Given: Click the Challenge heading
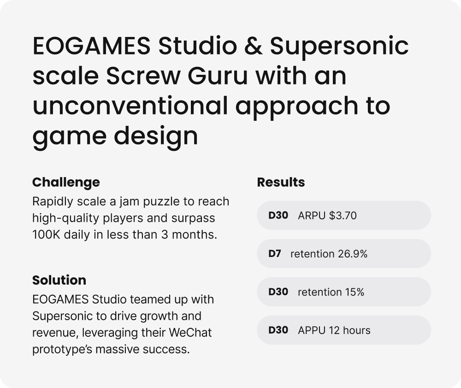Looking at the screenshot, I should tap(66, 182).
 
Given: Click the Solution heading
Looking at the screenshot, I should tap(59, 280).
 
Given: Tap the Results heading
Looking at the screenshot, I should tap(281, 182).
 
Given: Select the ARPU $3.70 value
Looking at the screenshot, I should tap(327, 215).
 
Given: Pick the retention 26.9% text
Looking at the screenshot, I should tap(329, 254).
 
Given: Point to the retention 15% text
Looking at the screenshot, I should tap(331, 292).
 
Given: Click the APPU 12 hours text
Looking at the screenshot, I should tap(334, 330).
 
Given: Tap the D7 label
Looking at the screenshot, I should tap(275, 254).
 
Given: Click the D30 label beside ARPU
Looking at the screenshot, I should tap(278, 215).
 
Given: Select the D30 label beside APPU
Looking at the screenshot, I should tap(278, 330).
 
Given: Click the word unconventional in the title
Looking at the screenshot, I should tap(130, 107).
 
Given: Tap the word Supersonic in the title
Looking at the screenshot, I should tap(339, 47).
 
